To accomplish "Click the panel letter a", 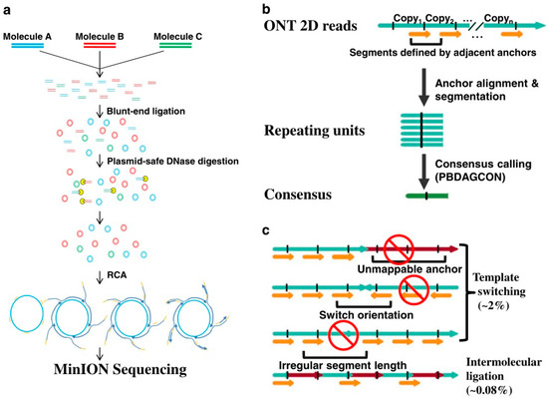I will tap(8, 8).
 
